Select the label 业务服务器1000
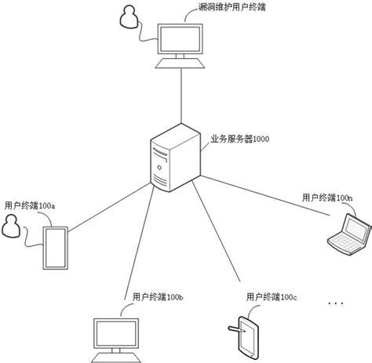239,138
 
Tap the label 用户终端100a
29,205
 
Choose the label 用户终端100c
271,297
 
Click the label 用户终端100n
327,199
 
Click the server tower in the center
171,160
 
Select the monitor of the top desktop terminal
181,38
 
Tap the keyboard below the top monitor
181,64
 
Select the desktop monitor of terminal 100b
119,336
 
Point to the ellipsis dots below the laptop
335,302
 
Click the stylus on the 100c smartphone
233,328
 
